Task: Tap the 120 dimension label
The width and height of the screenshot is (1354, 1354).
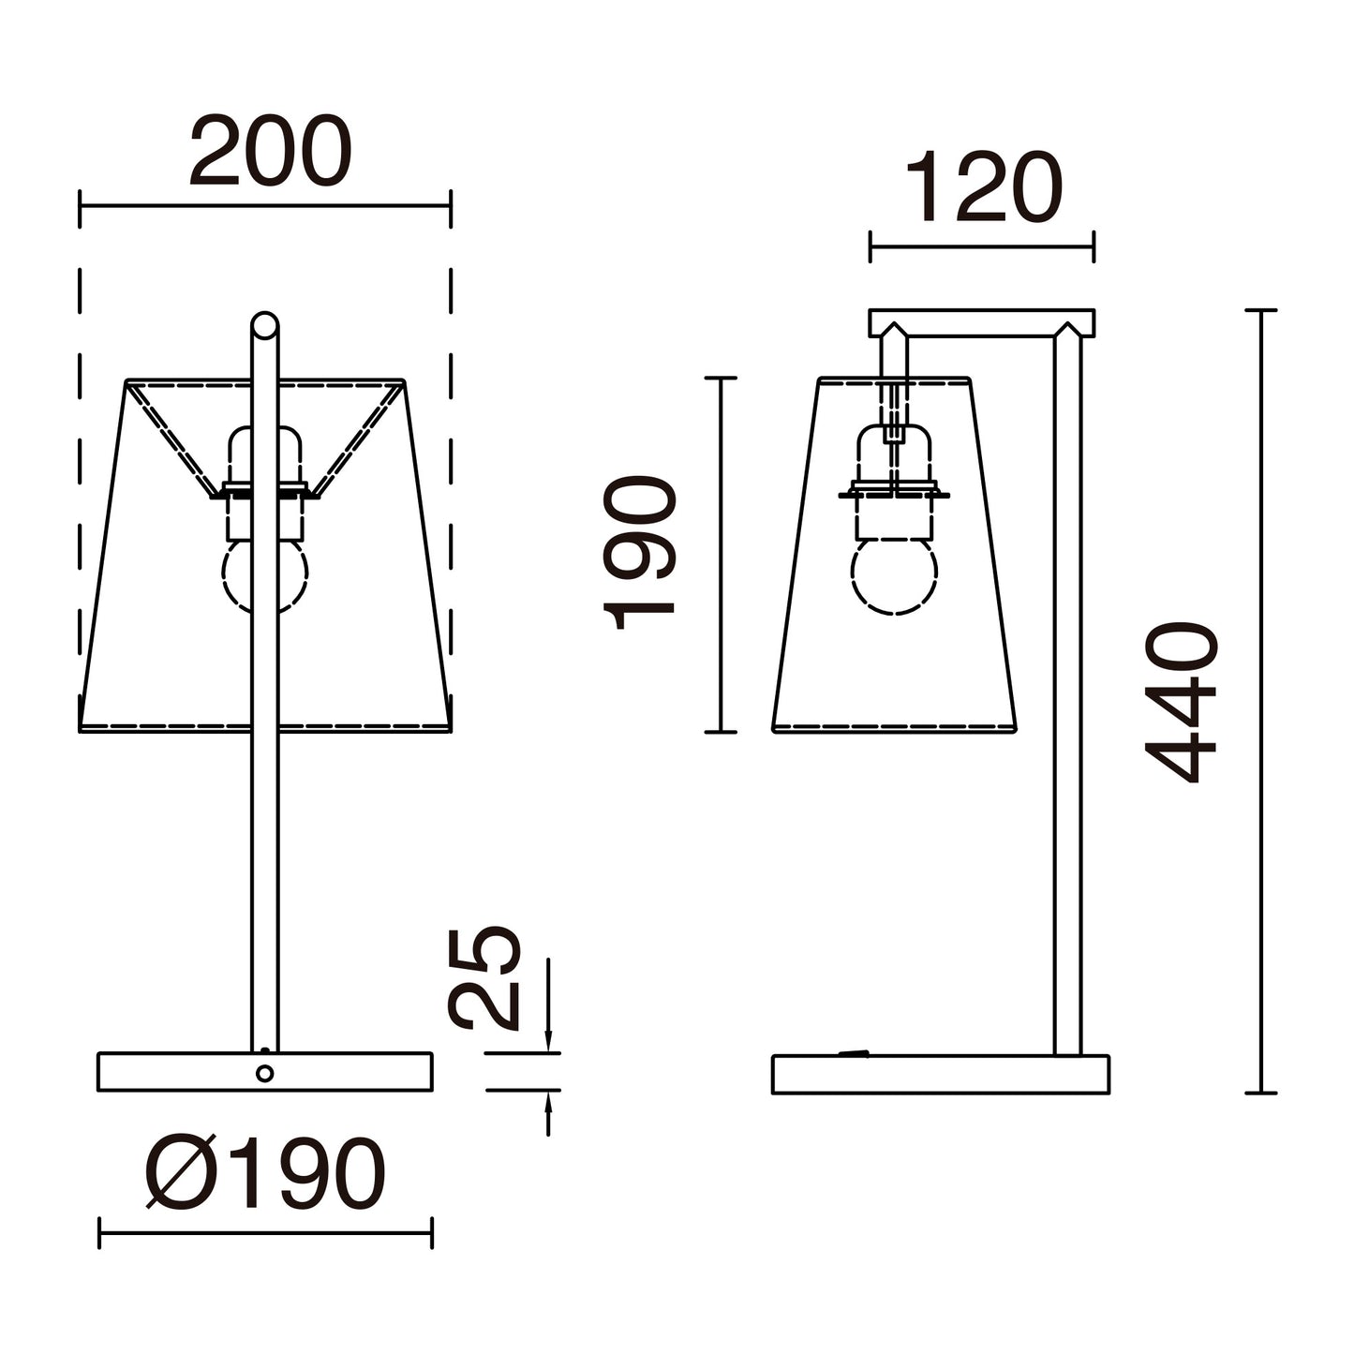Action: (x=984, y=190)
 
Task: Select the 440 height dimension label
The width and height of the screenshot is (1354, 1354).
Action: (x=1183, y=702)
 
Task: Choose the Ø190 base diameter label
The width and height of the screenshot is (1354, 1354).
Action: (x=265, y=1176)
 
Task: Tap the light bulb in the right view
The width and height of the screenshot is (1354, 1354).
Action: (x=895, y=575)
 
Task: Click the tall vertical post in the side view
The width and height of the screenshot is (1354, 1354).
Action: (x=1067, y=693)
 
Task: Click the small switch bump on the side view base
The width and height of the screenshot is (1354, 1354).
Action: (x=853, y=1053)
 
